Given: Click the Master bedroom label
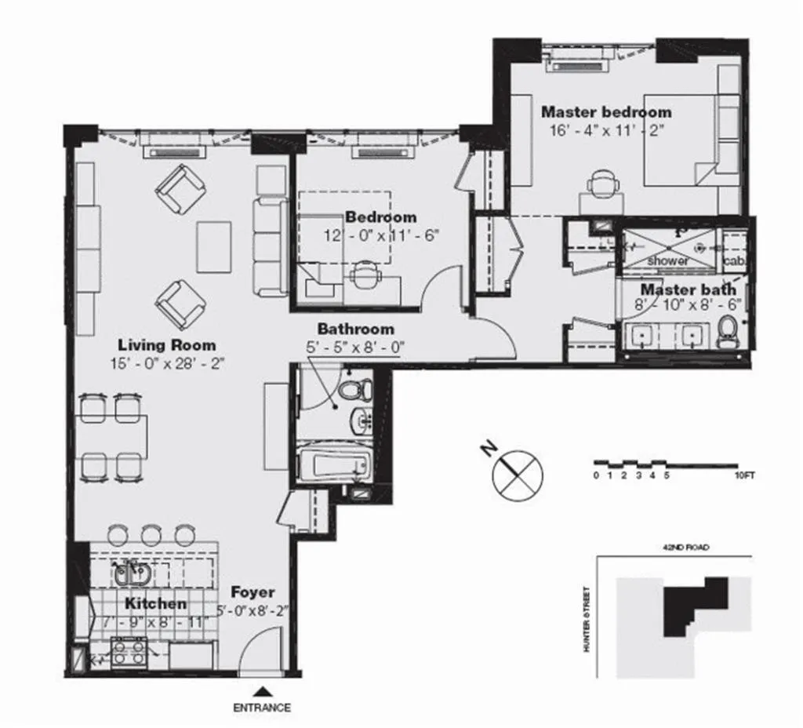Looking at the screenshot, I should [x=605, y=112].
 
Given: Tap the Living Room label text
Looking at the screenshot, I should [x=166, y=344].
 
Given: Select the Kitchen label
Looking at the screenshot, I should [x=156, y=603].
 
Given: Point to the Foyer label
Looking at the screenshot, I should [x=253, y=592].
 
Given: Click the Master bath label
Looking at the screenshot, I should [x=688, y=289].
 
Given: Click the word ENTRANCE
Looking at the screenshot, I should [x=262, y=708].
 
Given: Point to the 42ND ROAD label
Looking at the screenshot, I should [x=674, y=548].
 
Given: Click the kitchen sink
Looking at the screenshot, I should [x=127, y=574].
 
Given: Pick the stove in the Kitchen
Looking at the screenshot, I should [x=127, y=651].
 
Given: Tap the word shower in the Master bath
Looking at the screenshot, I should [x=668, y=260].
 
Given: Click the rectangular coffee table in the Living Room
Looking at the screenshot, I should [x=213, y=246].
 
